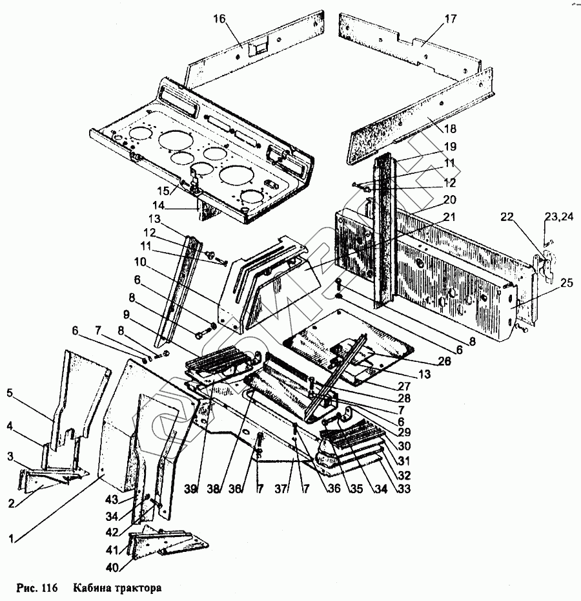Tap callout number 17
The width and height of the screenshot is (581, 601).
click(x=450, y=19)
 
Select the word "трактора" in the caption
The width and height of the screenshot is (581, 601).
click(x=138, y=589)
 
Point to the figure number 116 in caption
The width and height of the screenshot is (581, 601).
click(x=49, y=589)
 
